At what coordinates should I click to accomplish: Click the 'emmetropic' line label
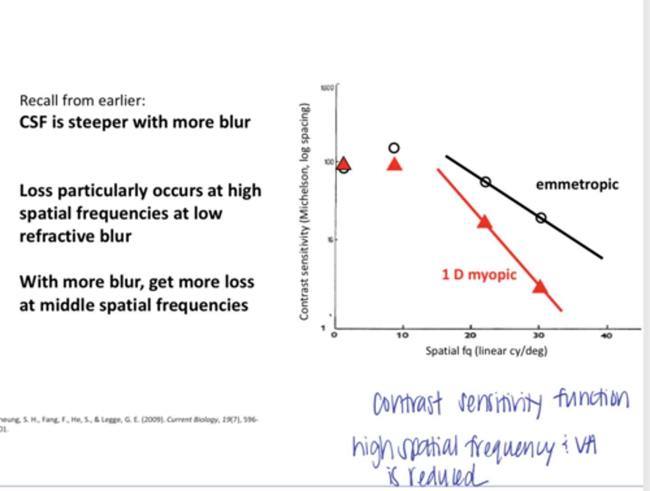(x=577, y=185)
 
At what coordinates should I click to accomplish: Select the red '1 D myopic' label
(x=479, y=274)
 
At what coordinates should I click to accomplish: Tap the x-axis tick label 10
(x=402, y=335)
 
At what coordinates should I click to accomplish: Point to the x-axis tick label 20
(x=470, y=335)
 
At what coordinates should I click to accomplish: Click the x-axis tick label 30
(x=539, y=335)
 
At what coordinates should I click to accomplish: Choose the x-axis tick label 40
(x=607, y=335)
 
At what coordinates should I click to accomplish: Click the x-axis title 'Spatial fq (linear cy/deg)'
(x=486, y=351)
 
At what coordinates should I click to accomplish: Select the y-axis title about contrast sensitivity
(x=305, y=212)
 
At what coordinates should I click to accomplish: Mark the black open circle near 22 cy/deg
(x=485, y=182)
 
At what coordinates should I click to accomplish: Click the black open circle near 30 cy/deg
(x=541, y=218)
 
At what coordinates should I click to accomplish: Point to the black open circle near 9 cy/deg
(x=394, y=148)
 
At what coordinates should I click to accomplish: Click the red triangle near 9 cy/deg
(x=395, y=165)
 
